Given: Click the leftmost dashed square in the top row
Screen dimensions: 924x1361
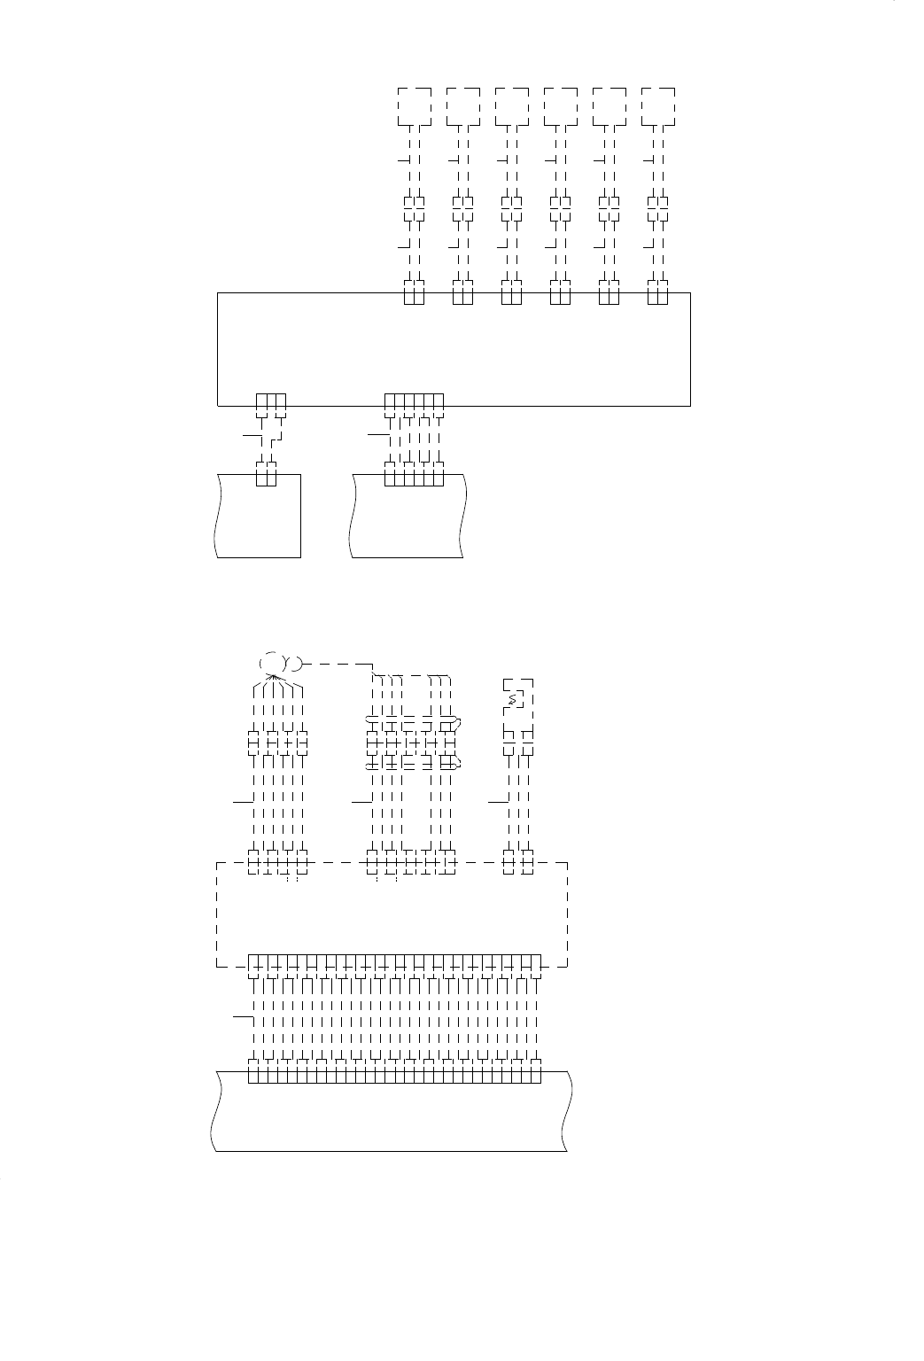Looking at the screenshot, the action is coord(415,106).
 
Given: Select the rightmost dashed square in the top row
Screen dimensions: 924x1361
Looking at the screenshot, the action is coord(657,106).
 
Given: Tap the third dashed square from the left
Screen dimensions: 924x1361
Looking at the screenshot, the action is coord(512,106).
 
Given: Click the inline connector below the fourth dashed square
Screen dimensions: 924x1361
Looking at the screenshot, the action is coord(560,208).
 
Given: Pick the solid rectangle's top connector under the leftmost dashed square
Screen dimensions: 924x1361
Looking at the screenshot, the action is coord(415,292).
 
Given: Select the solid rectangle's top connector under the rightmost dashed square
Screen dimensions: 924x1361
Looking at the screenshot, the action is coord(657,292).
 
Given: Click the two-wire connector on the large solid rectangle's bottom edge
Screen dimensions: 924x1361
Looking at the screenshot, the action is coord(271,404).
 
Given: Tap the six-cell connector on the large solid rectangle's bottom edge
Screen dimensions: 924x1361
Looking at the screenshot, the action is coord(414,404).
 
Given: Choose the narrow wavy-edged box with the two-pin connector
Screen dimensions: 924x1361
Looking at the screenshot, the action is coord(259,518).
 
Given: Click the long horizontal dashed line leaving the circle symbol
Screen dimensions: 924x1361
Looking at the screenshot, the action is coord(337,663).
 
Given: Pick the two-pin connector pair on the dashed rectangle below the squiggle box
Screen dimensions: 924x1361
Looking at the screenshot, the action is coord(518,861).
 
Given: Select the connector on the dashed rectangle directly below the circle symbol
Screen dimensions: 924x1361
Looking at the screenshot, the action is coord(277,861).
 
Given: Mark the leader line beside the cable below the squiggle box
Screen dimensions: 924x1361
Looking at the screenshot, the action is coord(497,800).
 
